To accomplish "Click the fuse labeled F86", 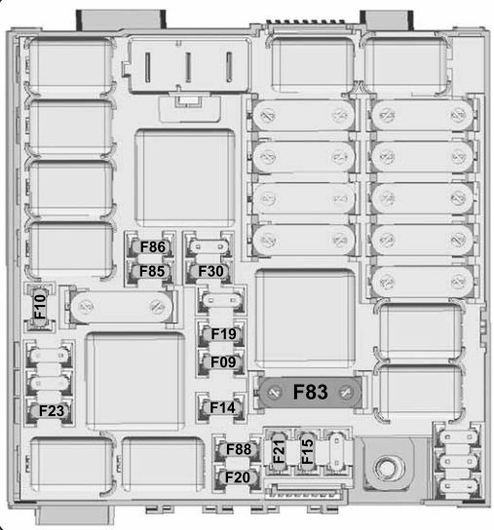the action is coord(150,247).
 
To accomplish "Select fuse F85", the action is coord(150,272).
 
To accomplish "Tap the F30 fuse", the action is coord(209,272).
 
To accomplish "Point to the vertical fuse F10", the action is coord(40,307).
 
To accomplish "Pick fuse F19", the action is coord(221,334).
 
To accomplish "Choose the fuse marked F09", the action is coord(221,362).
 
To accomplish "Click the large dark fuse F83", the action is coord(310,393).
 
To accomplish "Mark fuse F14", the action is coord(221,407).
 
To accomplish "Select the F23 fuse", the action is coord(50,411).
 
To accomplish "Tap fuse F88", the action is coord(238,449).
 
